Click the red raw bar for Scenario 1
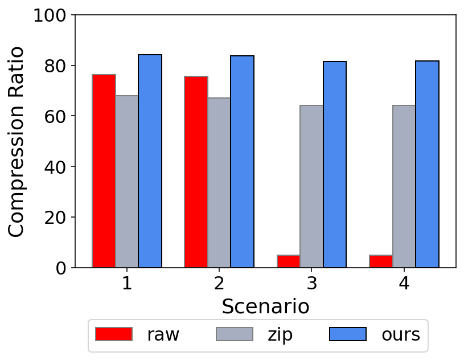[104, 171]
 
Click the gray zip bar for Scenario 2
[219, 182]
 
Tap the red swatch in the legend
[114, 334]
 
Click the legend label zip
[280, 334]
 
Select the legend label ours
[401, 334]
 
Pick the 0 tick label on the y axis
[61, 268]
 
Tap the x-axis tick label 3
[311, 283]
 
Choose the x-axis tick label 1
[127, 283]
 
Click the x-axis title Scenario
[265, 306]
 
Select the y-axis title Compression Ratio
[17, 141]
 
